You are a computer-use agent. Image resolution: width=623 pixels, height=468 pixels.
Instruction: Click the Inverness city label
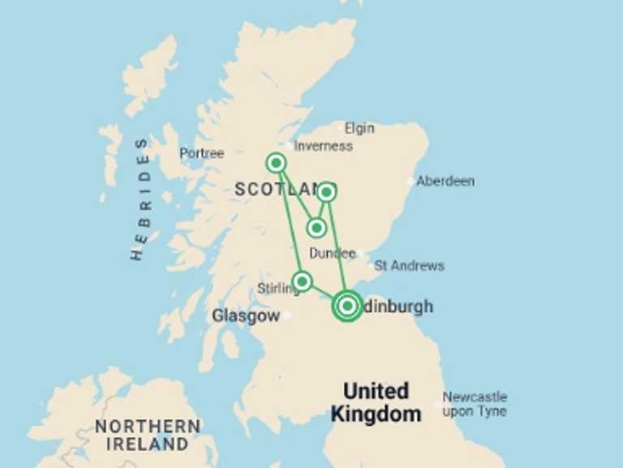point(323,146)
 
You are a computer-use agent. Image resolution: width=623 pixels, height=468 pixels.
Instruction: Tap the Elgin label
point(359,128)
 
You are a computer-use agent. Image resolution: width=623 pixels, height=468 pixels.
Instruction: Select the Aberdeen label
point(445,181)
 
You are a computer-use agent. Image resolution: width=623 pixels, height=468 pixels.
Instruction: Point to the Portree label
point(201,153)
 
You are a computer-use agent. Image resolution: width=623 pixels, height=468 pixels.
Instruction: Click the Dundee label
point(332,253)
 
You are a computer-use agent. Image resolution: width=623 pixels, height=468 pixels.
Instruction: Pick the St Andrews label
point(409,266)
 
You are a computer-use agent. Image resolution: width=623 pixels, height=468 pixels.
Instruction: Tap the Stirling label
point(277,288)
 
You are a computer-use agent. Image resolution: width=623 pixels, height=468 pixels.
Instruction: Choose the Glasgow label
point(245,316)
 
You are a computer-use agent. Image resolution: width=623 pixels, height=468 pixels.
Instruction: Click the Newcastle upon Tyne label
point(475,404)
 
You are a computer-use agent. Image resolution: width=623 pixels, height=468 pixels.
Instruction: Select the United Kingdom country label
point(376,402)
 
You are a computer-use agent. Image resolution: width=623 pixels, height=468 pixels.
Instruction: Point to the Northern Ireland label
point(148,435)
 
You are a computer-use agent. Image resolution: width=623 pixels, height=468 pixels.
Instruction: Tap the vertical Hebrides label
point(140,199)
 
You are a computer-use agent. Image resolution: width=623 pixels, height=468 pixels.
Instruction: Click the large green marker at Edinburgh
point(347,305)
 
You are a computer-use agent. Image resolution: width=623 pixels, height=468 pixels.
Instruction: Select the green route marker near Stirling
point(302,281)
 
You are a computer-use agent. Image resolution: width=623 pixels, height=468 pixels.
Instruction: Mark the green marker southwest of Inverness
point(277,163)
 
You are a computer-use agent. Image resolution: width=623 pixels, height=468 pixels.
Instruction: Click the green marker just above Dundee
point(317,227)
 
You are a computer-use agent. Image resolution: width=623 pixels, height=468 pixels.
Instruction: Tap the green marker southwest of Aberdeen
point(326,192)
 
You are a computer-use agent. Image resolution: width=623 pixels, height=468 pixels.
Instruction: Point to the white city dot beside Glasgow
point(286,316)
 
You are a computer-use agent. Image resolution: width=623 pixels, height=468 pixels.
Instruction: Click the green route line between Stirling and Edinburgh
point(322,292)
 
